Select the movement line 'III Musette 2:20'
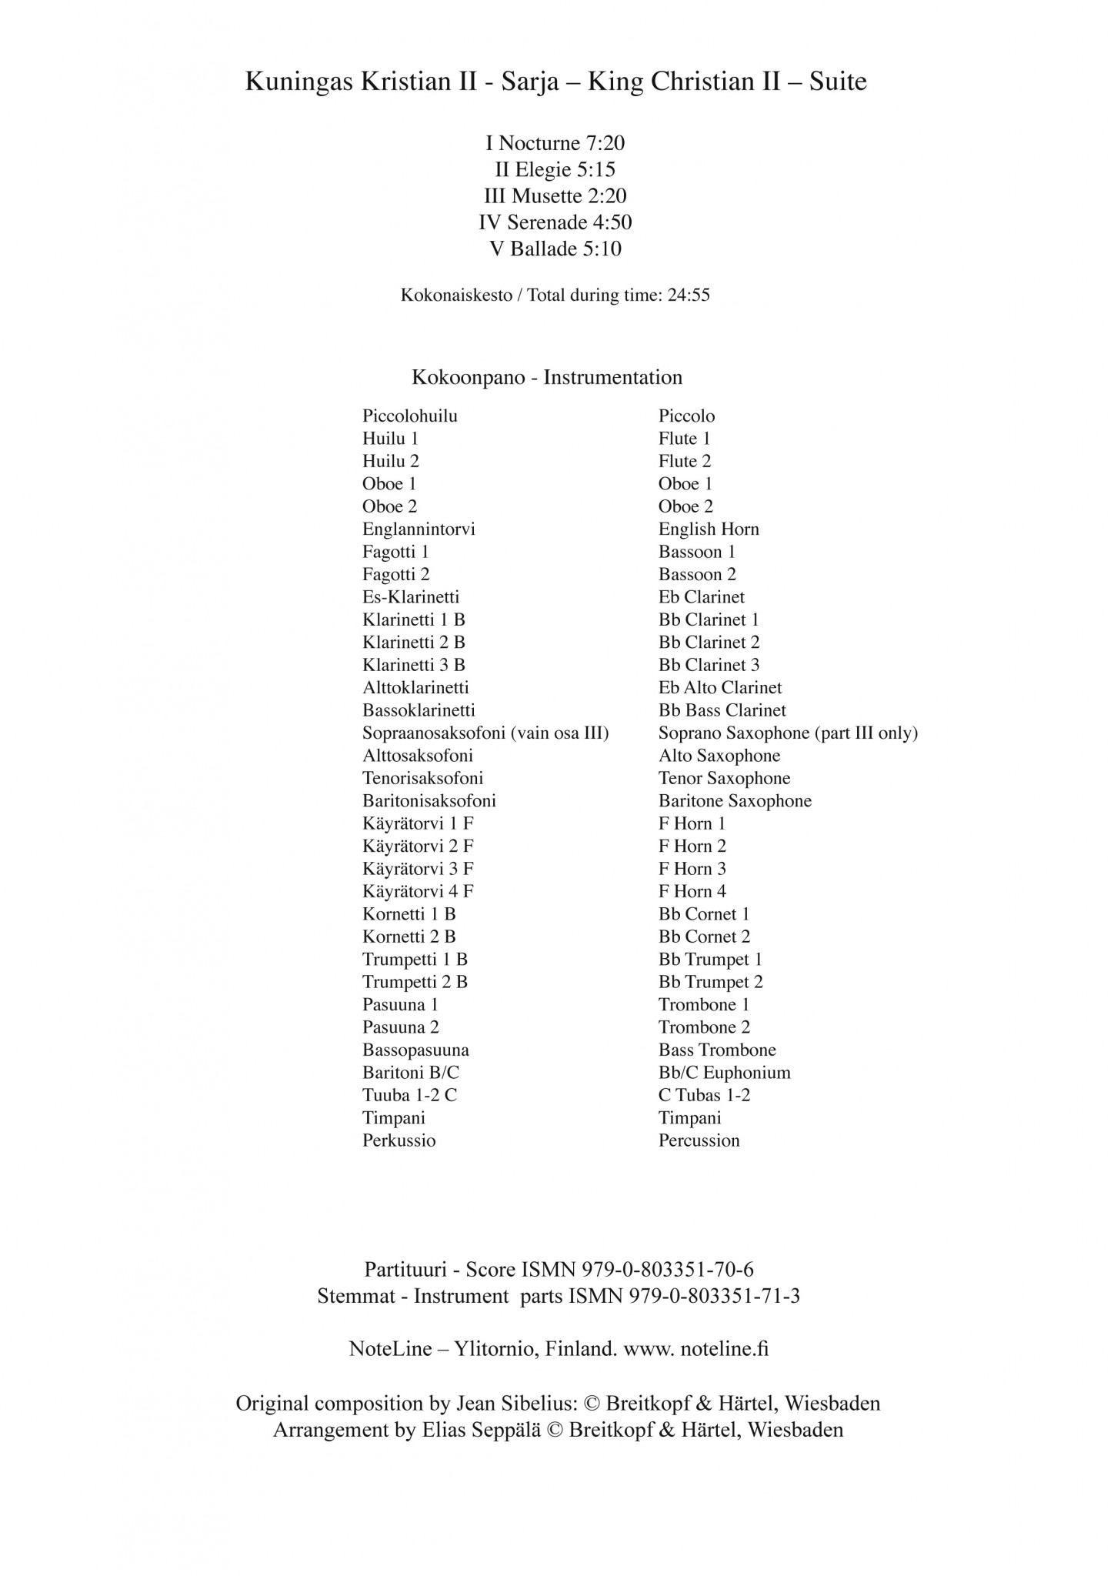point(555,195)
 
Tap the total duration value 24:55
point(689,295)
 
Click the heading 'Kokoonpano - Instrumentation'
point(547,378)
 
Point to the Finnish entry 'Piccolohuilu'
point(410,416)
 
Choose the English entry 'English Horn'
point(709,529)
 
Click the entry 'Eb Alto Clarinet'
point(720,688)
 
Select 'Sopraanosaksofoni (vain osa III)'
point(485,733)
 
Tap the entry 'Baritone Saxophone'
point(735,801)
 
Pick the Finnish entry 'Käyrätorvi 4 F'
point(418,892)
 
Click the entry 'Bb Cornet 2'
point(704,937)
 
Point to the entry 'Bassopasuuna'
point(415,1050)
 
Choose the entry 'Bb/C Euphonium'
point(724,1073)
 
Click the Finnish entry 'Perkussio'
point(399,1141)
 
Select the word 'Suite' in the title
point(838,82)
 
